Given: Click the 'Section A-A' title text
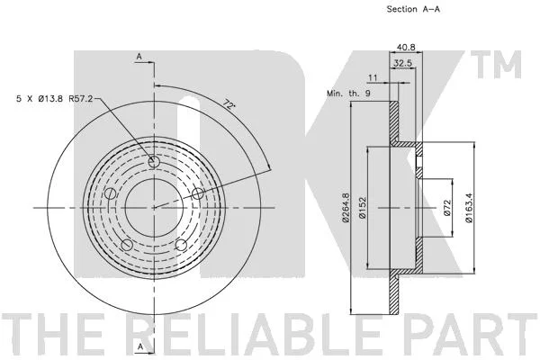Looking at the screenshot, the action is point(413,9).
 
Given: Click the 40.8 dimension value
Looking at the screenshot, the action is point(406,47).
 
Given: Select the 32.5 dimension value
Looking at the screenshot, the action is point(402,63).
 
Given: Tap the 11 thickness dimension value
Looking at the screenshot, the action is point(373,78).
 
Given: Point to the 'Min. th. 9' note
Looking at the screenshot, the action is point(349,93).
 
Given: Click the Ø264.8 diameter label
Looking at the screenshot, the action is point(346,207).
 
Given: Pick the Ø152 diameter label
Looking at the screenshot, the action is point(362,208).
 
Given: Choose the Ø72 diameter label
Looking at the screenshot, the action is point(446,208).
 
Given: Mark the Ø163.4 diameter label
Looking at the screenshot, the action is point(469,207).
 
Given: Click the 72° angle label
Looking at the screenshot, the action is point(229,104).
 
